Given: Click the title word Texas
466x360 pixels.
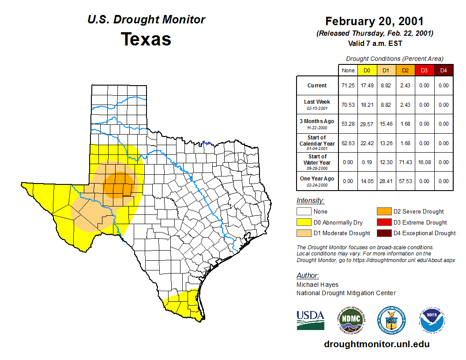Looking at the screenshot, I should tap(146, 39).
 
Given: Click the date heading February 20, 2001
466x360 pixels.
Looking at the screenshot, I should tap(374, 21).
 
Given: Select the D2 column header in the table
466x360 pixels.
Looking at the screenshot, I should tap(405, 70).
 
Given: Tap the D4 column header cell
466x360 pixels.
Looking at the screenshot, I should tap(443, 70).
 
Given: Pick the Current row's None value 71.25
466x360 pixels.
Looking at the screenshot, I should tap(348, 86).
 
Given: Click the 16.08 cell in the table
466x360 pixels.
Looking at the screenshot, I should tap(424, 162).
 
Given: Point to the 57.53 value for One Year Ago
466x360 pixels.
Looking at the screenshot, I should tap(405, 181).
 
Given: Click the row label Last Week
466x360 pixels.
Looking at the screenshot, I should tap(317, 102).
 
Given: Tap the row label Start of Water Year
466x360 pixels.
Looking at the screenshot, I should tap(317, 159).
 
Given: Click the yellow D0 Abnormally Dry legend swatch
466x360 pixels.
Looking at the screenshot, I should tap(303, 222).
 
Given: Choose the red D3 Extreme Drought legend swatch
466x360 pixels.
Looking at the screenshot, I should tap(383, 222).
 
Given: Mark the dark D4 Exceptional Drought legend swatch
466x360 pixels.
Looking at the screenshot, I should tap(383, 233).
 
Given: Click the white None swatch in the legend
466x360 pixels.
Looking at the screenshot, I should tap(303, 212).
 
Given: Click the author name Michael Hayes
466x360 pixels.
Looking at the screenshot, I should tap(317, 285).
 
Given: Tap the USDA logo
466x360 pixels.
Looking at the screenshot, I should tap(310, 320).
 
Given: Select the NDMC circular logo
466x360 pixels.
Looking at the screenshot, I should tap(351, 320).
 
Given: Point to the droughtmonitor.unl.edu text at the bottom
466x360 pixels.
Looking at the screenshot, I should tap(376, 344).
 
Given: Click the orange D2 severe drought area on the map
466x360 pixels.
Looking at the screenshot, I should tap(118, 184).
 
